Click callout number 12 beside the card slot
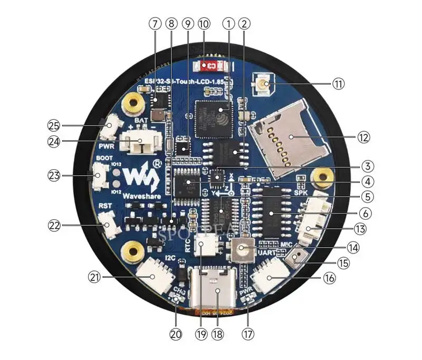coord(363,138)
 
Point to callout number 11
coord(338,84)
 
